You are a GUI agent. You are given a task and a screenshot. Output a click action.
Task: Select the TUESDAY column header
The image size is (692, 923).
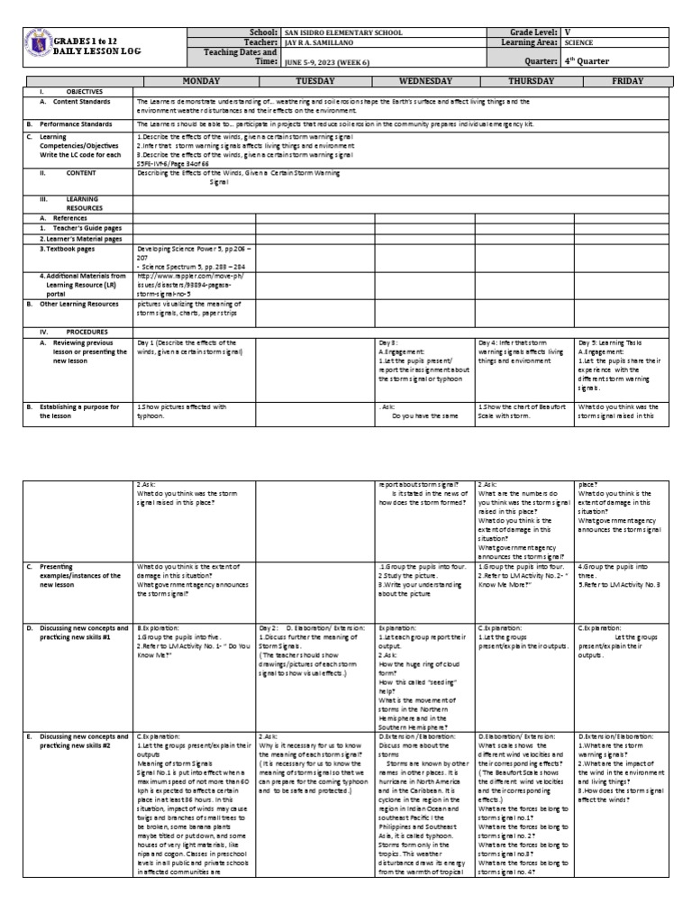315,81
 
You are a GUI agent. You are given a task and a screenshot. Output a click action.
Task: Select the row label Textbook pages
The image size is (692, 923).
72,249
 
